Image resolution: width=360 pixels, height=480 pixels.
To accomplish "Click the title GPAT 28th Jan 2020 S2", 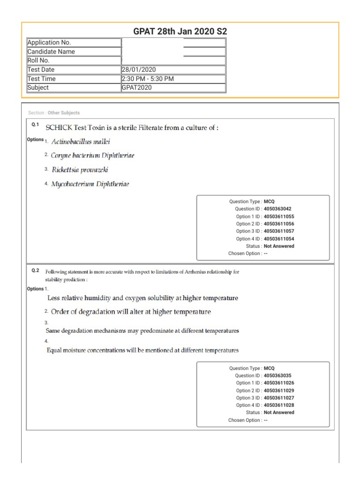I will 180,31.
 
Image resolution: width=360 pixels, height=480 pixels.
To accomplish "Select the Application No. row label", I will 49,43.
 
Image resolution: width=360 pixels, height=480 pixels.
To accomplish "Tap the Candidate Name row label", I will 51,52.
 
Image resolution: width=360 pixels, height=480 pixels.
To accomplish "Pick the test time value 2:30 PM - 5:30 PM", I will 148,79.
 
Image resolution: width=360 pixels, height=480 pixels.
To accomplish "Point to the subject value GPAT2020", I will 136,88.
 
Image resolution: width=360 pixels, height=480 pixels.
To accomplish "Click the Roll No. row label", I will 38,60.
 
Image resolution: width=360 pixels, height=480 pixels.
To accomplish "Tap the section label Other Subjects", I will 63,113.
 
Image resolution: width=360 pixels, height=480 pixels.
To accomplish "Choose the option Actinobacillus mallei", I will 81,142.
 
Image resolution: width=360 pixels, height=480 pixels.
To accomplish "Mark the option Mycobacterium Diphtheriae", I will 90,184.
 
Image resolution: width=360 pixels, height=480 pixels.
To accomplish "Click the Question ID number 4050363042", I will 280,209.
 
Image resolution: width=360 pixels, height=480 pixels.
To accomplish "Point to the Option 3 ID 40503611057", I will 279,231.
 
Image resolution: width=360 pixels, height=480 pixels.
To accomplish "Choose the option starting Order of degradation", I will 131,312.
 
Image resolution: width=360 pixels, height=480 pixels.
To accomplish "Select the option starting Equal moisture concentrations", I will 142,350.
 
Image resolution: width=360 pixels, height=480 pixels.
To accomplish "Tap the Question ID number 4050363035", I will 280,375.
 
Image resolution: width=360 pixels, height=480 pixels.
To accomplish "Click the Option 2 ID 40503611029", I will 279,390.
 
